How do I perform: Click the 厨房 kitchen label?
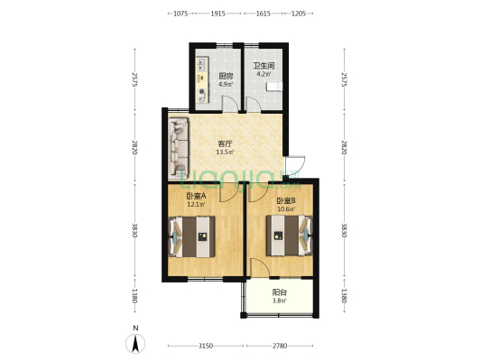tap(226, 76)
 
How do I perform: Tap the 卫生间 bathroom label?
tap(264, 66)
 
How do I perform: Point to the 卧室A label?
tap(196, 195)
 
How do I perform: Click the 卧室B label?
tap(286, 201)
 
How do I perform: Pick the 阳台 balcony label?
tap(280, 292)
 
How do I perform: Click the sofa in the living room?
tap(178, 148)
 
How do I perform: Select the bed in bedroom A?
tap(191, 236)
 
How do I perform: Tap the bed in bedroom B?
tap(290, 236)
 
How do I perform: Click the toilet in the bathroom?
tap(274, 87)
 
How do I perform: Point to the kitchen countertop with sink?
tap(202, 79)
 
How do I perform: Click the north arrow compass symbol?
tap(135, 344)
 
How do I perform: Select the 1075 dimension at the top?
tap(180, 14)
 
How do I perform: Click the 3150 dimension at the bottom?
tap(206, 346)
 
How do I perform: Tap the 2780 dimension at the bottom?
tap(280, 346)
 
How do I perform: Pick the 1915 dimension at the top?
tap(217, 14)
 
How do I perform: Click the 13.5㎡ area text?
tap(226, 153)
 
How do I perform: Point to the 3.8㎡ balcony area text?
tap(280, 301)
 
